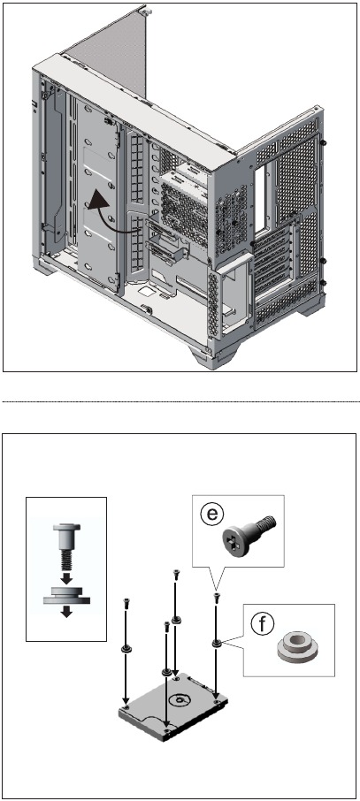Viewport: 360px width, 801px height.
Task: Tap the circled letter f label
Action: [x=263, y=623]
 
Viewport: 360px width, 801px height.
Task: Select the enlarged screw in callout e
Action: [x=249, y=537]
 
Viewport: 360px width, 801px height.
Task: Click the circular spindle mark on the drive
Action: [x=180, y=700]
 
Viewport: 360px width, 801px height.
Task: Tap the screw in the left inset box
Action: [x=66, y=546]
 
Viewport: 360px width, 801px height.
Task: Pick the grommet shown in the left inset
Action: [x=66, y=596]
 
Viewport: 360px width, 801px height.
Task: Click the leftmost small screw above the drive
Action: [x=126, y=603]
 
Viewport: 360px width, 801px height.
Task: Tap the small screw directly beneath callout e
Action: [x=217, y=597]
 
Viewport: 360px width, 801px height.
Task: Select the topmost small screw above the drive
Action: [x=176, y=574]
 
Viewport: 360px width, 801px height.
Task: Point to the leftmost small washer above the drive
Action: [x=126, y=649]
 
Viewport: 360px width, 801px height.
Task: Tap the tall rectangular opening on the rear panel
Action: [x=259, y=197]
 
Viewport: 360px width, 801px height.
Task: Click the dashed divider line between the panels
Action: [x=180, y=402]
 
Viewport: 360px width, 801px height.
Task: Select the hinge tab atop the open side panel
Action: [x=145, y=9]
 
